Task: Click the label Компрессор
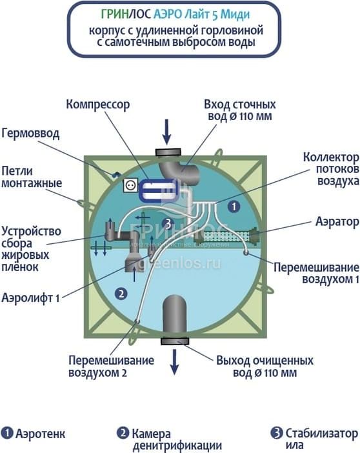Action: point(98,105)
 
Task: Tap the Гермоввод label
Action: point(30,134)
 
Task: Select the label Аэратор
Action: point(337,222)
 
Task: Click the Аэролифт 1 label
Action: point(30,298)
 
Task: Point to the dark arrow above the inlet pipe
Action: point(166,132)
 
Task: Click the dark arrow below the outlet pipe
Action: point(174,362)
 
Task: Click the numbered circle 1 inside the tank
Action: point(234,206)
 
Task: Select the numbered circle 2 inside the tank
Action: point(121,294)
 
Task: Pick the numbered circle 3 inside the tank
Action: point(168,223)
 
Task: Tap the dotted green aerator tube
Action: point(226,237)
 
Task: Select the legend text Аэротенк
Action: point(41,434)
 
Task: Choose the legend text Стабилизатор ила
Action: point(321,439)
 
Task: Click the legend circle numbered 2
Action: point(123,433)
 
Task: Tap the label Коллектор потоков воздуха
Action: point(331,169)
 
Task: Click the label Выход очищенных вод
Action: point(265,367)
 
